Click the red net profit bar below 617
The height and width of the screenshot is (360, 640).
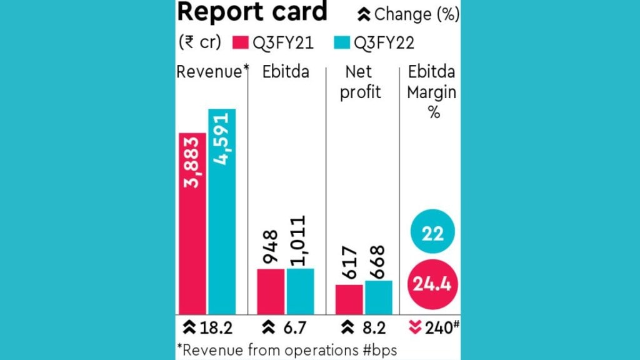pos(348,299)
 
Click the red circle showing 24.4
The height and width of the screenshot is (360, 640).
pos(433,285)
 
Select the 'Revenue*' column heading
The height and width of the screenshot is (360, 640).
pos(209,72)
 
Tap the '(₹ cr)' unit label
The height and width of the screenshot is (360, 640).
pos(201,43)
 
